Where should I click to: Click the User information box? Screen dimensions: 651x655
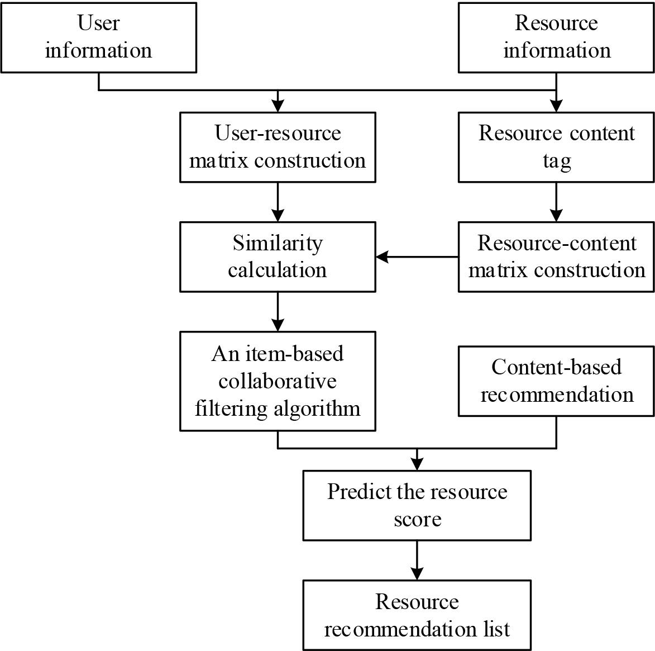98,37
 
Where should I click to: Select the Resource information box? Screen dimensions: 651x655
556,37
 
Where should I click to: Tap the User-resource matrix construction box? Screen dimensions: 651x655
278,147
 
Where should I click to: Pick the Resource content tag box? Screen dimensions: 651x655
556,147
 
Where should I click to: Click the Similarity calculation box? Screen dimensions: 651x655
278,256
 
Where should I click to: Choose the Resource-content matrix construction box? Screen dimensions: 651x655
556,256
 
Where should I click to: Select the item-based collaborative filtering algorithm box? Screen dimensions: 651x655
278,381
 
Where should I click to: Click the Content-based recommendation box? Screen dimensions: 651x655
556,381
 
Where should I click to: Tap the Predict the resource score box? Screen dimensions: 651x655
417,505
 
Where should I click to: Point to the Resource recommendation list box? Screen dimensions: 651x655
417,615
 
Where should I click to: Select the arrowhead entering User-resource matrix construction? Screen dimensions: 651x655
278,106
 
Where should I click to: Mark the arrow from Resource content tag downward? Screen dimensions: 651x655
556,202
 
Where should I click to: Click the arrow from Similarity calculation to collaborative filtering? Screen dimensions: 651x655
278,312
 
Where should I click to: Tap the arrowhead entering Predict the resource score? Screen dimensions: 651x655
417,464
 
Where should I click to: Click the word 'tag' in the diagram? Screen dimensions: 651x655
557,161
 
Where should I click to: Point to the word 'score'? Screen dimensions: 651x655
417,519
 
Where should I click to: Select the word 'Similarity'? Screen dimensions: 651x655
278,243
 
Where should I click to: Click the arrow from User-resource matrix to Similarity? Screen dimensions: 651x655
278,202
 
